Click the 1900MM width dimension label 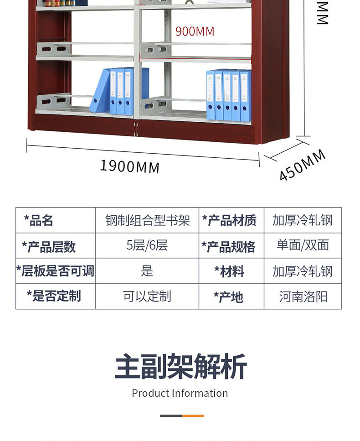coord(130,166)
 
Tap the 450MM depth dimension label coord(302,165)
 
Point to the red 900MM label coord(195,31)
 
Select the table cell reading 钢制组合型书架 coord(147,221)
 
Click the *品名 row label coord(39,221)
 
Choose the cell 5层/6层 coord(147,246)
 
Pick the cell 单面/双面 coord(303,246)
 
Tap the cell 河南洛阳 coord(303,297)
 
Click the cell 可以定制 coord(147,297)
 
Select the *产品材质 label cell coord(230,221)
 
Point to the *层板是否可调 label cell coord(55,271)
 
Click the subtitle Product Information coord(180,393)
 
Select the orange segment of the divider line coord(193,416)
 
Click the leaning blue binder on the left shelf coord(100,91)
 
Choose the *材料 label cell coord(230,272)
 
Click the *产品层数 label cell coord(49,246)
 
